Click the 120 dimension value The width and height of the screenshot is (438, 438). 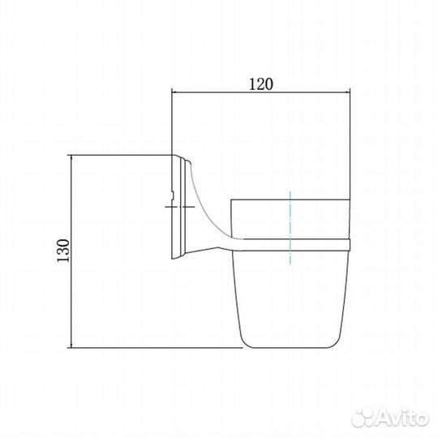click(260, 84)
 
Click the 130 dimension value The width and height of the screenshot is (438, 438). click(63, 251)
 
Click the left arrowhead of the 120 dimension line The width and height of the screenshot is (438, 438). click(174, 92)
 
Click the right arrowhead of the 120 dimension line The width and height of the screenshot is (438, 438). click(347, 92)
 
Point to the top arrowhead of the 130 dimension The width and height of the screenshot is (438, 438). click(72, 157)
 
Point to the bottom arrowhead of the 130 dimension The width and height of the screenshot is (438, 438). click(72, 345)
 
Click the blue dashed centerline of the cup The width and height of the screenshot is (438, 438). click(290, 228)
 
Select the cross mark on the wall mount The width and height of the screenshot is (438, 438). click(180, 207)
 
